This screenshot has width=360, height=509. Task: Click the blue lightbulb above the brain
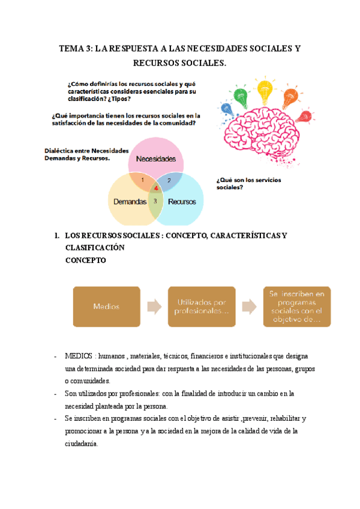pos(226,109)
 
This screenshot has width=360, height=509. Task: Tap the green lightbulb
pos(241,94)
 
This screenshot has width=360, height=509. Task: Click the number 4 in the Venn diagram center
pos(156,188)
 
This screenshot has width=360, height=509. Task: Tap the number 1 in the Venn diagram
pos(142,179)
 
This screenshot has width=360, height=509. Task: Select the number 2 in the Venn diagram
pos(169,180)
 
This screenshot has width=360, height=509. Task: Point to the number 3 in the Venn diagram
pos(155,200)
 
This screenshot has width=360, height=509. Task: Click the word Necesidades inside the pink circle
pos(155,159)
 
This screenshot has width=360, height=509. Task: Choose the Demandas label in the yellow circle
pos(130,202)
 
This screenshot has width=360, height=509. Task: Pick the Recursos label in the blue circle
pos(182,202)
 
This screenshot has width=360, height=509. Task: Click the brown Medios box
pos(106,306)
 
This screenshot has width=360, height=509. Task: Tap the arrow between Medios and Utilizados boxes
pos(154,307)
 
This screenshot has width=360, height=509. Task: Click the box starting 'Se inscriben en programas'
pos(296,306)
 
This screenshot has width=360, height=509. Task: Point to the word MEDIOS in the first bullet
pos(79,356)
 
